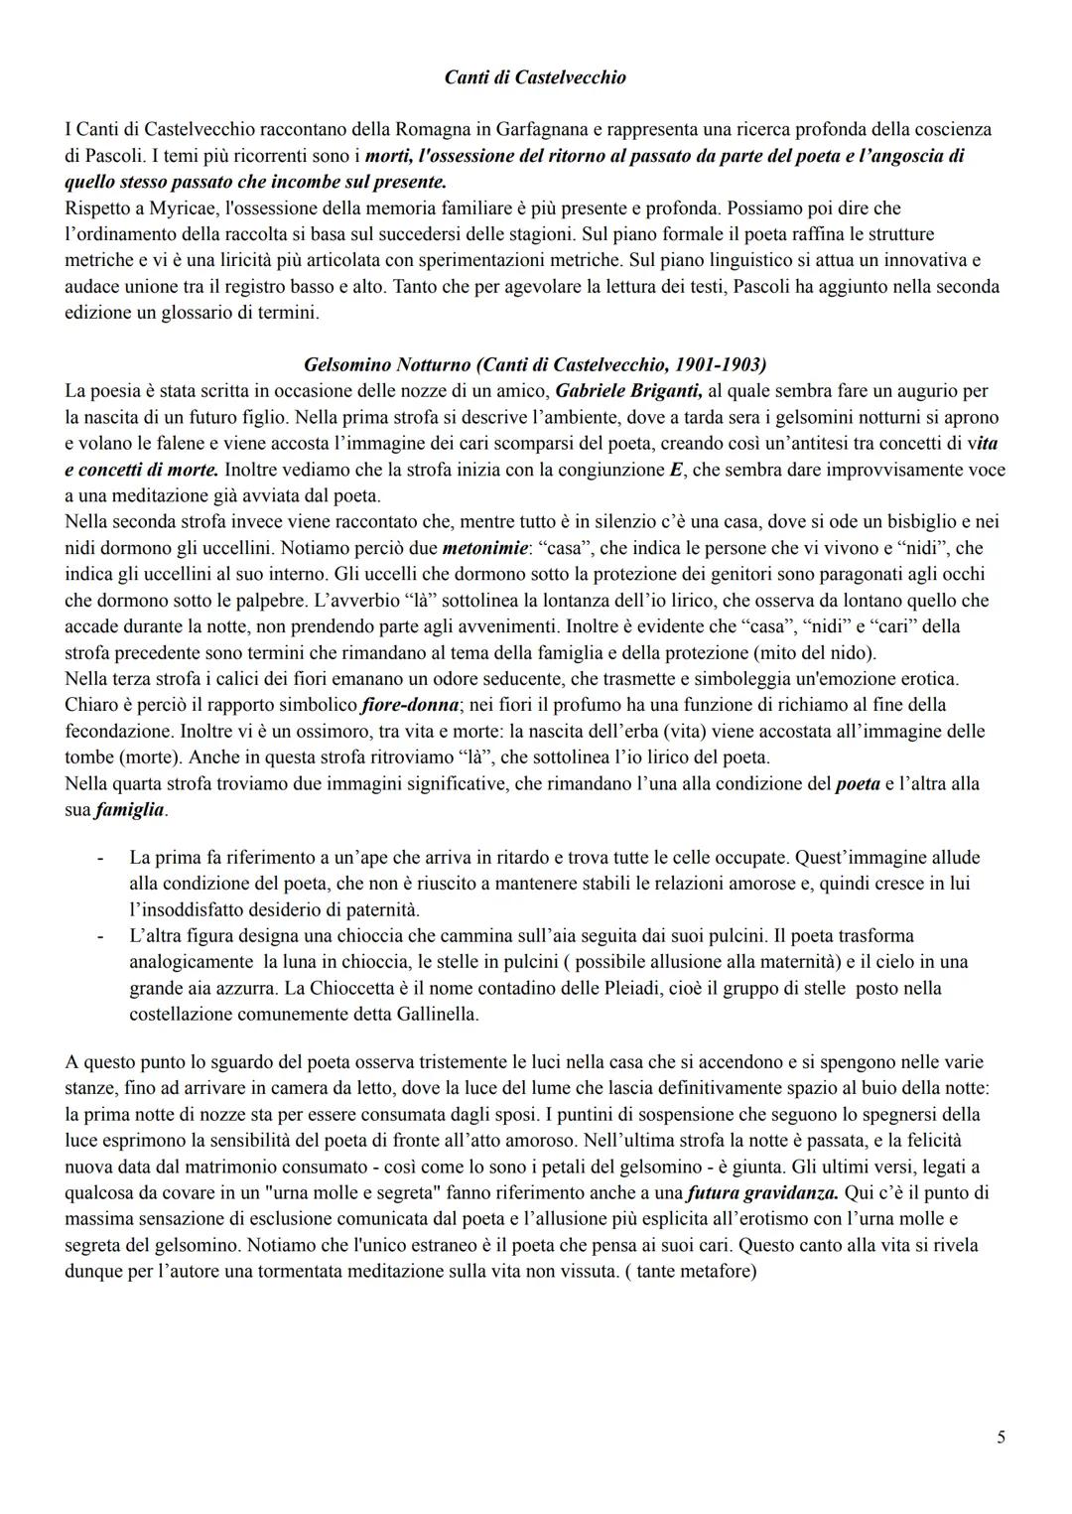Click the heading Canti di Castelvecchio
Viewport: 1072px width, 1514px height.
coord(534,76)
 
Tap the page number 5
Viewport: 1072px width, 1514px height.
coord(1001,1437)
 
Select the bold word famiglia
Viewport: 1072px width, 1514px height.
coord(129,810)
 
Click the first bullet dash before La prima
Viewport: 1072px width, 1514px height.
coord(100,857)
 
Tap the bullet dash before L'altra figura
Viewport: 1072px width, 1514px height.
coord(100,935)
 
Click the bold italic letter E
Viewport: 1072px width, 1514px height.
coord(676,470)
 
